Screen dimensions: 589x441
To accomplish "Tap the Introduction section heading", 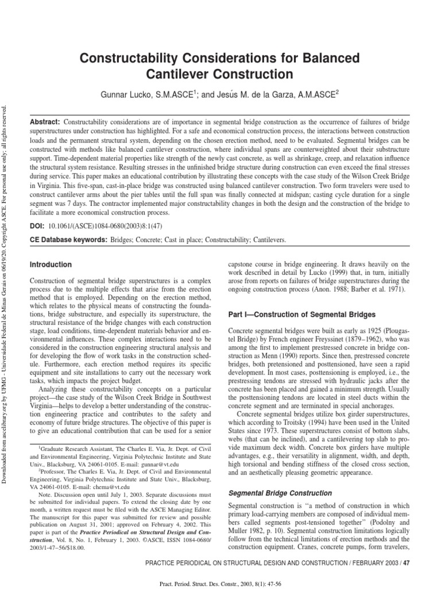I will click(51, 265).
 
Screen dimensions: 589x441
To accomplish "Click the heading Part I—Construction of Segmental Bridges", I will click(301, 315).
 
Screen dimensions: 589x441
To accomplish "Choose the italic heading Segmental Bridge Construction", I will click(280, 493).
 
